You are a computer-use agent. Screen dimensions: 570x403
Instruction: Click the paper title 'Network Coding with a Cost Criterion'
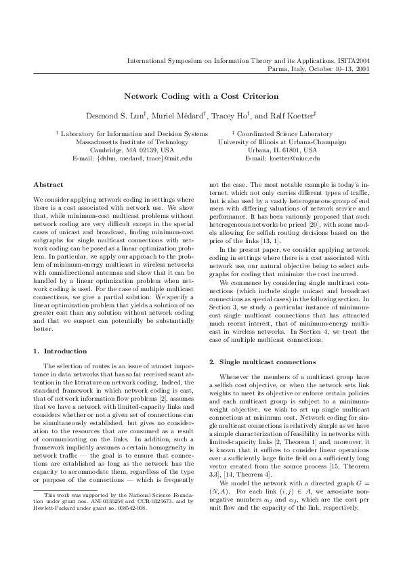click(201, 97)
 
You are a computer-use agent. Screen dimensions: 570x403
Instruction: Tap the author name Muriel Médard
click(166, 116)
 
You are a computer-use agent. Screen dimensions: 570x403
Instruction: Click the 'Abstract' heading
click(48, 184)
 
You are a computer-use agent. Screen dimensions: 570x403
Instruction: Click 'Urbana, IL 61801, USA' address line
click(282, 150)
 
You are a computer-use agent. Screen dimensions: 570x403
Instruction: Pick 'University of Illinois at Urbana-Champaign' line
click(282, 142)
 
